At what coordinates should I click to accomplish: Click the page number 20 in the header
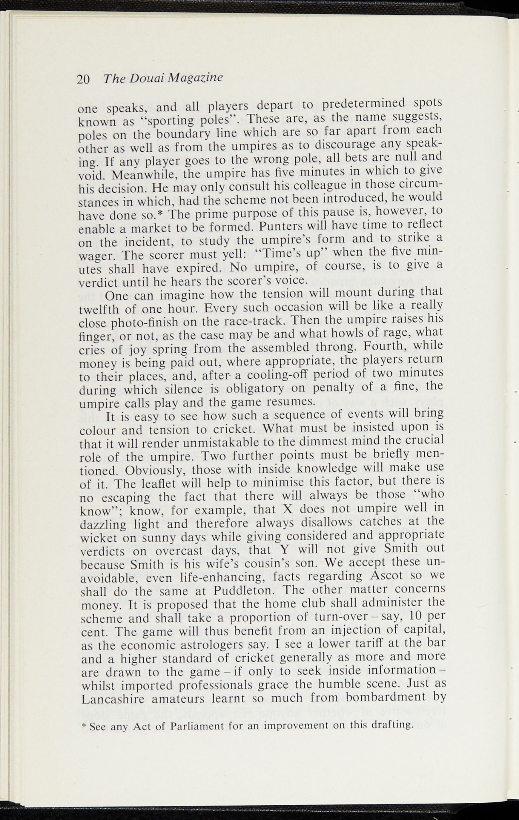click(83, 79)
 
